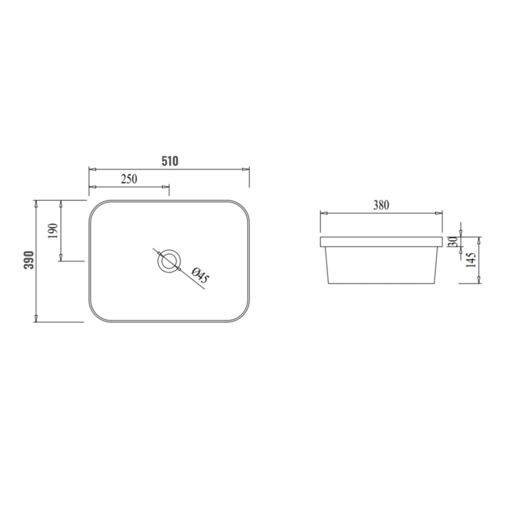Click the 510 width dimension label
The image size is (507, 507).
pos(170,161)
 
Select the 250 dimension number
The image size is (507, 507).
pos(129,179)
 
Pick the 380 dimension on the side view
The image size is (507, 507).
pos(381,205)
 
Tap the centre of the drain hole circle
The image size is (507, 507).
pos(168,261)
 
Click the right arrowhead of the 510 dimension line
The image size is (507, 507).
pos(247,169)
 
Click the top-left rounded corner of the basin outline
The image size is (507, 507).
pos(94,206)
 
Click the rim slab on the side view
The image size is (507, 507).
pos(380,241)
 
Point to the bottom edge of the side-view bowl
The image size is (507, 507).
pos(380,283)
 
